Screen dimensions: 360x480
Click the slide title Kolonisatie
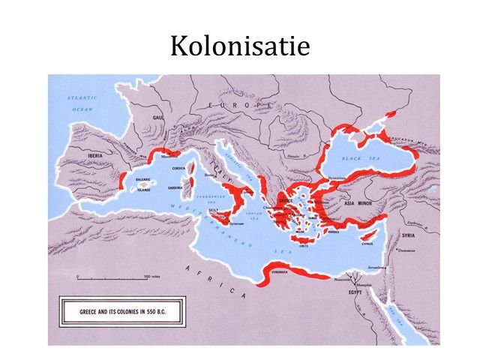click(239, 46)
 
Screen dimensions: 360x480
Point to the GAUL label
click(158, 118)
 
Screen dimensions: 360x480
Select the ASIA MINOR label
click(359, 202)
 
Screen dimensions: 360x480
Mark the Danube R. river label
click(295, 157)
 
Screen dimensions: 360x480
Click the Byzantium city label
click(337, 178)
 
